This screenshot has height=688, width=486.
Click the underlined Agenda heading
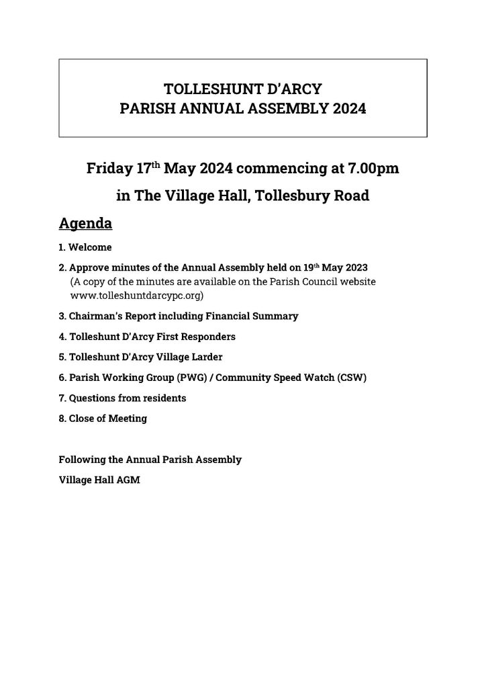[x=85, y=222]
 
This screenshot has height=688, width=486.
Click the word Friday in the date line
[x=109, y=169]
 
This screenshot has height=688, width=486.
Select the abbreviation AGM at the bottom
[x=129, y=480]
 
